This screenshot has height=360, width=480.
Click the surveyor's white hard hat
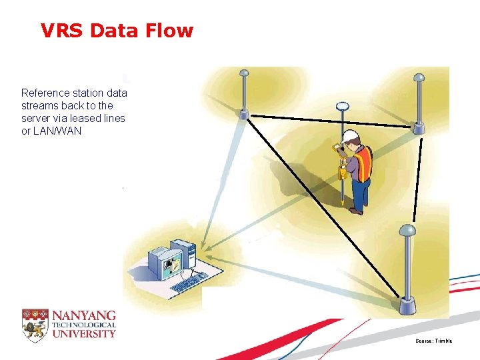pos(349,137)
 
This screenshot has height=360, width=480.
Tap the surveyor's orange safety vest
pos(363,163)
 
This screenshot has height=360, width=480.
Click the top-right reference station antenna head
pos(419,77)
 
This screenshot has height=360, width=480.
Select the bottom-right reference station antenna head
pos(407,231)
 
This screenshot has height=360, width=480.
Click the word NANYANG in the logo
pos(84,315)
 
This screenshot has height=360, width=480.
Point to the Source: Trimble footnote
pos(433,341)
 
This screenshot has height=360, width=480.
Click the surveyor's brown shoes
pos(356,210)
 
